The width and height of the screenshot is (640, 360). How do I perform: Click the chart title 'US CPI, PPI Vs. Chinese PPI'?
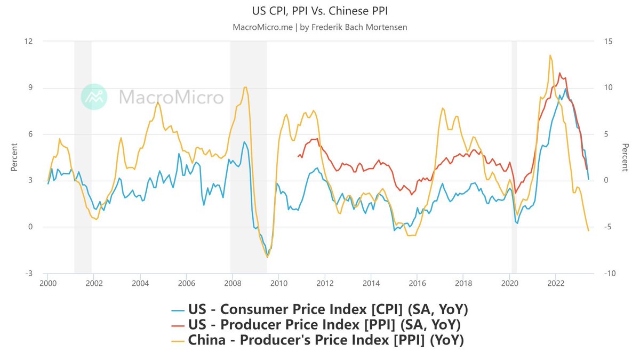(x=320, y=11)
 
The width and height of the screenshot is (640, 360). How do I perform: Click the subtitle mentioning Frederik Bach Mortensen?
(x=320, y=27)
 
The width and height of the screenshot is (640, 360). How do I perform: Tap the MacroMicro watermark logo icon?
(x=94, y=97)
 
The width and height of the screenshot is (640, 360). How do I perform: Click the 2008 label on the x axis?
(x=232, y=283)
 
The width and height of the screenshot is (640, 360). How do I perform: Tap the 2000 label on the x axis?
(x=47, y=283)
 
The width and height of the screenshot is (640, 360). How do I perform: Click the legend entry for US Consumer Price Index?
(x=320, y=309)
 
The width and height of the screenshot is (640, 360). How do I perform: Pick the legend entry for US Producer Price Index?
(x=320, y=324)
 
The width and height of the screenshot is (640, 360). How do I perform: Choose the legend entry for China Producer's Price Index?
(x=320, y=340)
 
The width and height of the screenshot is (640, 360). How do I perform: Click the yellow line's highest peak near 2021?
(x=549, y=55)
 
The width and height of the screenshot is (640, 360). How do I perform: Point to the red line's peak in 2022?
(x=559, y=73)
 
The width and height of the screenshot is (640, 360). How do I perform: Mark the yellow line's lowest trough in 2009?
(x=267, y=257)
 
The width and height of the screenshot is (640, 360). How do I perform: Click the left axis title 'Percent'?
(x=14, y=157)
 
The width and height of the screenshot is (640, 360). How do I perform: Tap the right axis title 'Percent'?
(x=626, y=157)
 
